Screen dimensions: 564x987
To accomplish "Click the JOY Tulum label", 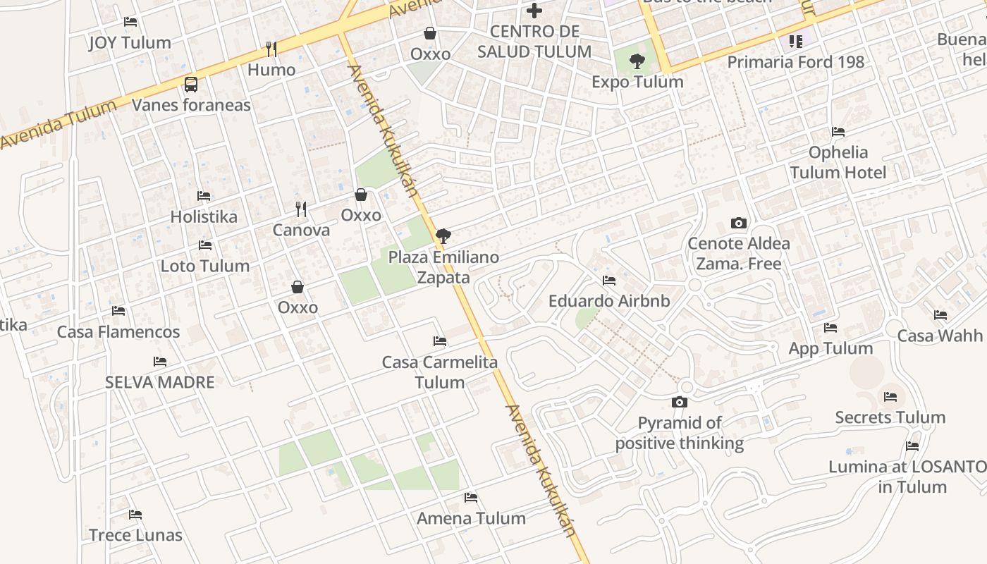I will click(x=130, y=43).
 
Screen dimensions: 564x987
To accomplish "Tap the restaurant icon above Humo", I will click(x=271, y=49).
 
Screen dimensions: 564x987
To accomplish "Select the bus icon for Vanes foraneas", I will click(x=190, y=85).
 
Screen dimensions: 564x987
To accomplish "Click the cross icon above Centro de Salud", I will click(x=534, y=11).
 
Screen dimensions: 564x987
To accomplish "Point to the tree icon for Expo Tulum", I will click(x=637, y=61).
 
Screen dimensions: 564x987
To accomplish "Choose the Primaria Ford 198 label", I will click(x=795, y=62).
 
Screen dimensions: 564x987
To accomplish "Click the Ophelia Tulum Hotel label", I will click(x=838, y=162).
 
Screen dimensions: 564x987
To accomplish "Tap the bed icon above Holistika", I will click(x=204, y=195).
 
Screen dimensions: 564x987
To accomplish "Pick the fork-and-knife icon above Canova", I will click(x=301, y=209).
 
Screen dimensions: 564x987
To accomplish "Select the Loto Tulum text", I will click(x=205, y=266).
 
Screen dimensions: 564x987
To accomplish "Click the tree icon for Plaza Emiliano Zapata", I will click(x=443, y=236).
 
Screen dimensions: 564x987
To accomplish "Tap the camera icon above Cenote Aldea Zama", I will click(x=738, y=223).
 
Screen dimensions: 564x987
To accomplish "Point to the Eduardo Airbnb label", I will click(x=609, y=301).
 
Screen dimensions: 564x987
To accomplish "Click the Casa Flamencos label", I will click(x=118, y=331).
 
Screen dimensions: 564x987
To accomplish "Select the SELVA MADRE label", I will click(x=159, y=382).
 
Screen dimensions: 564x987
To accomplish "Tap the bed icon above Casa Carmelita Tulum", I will click(x=440, y=341).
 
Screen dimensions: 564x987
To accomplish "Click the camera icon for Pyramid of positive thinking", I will click(x=680, y=402).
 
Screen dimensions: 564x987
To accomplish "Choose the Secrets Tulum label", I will click(x=890, y=417).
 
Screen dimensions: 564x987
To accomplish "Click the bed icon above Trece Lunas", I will click(x=135, y=515).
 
